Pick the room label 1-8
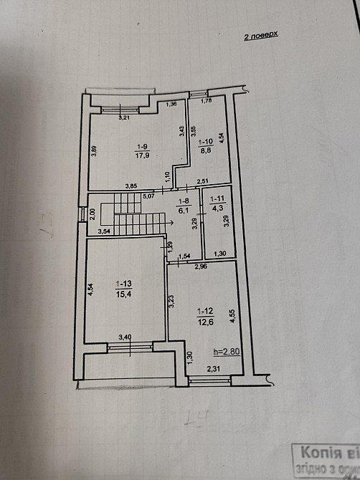pyautogui.click(x=183, y=202)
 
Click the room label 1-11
pyautogui.click(x=217, y=200)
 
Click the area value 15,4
pyautogui.click(x=120, y=295)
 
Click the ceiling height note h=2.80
pyautogui.click(x=226, y=352)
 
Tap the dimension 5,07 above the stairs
pyautogui.click(x=148, y=195)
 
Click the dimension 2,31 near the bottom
pyautogui.click(x=213, y=368)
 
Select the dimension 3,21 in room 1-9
pyautogui.click(x=123, y=117)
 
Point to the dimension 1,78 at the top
pyautogui.click(x=206, y=101)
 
